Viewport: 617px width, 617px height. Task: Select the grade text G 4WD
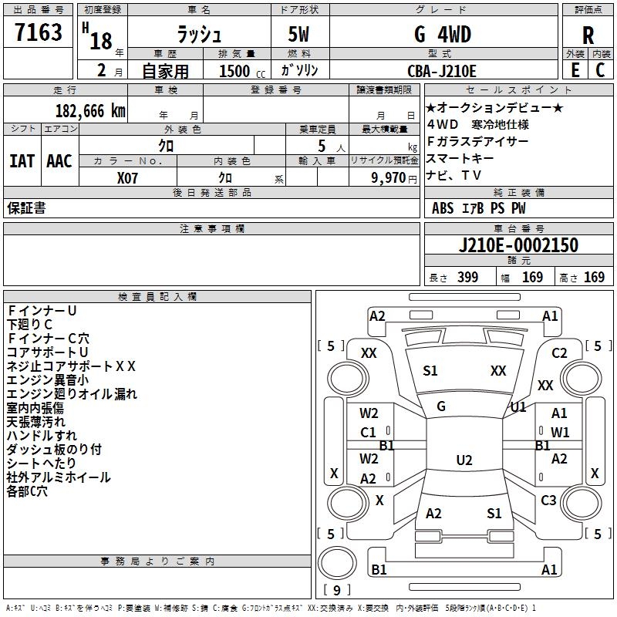(x=443, y=34)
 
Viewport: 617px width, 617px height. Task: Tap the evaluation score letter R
(x=588, y=35)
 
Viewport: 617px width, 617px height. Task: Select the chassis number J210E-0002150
(x=518, y=245)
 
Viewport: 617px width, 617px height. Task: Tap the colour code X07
(x=127, y=178)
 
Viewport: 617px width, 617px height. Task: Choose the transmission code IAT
(x=22, y=160)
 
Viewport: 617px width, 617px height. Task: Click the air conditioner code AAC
(x=59, y=160)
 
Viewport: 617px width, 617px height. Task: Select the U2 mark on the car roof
(x=464, y=460)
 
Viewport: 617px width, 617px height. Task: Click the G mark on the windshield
(x=441, y=406)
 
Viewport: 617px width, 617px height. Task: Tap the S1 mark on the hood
(x=430, y=371)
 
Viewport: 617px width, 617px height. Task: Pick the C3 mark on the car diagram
(x=548, y=501)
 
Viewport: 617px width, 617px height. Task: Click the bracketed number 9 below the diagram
(x=336, y=590)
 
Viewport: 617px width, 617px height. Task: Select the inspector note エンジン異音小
(x=47, y=380)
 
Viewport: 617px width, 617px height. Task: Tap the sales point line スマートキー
(x=459, y=158)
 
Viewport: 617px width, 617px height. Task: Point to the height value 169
(x=594, y=278)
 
